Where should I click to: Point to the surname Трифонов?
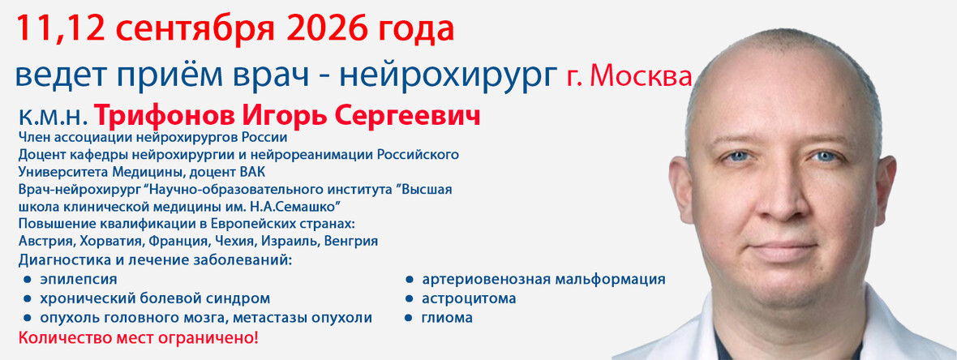tap(160, 118)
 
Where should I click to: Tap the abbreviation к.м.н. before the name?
tap(54, 117)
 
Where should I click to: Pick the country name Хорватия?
tap(99, 241)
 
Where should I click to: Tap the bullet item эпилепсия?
tap(78, 280)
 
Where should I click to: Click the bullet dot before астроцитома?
tap(410, 299)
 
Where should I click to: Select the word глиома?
tap(447, 318)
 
